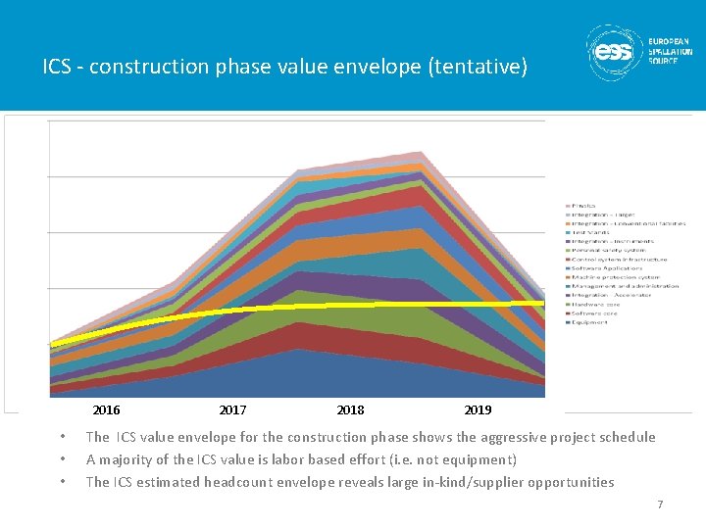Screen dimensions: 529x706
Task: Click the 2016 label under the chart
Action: pos(106,409)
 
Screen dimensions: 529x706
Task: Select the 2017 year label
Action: pos(232,409)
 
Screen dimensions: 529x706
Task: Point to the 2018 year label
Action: pos(350,409)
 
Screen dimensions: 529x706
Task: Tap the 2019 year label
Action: pos(478,409)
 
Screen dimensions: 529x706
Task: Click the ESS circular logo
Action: pos(614,52)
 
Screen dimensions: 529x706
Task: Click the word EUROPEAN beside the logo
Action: pos(670,42)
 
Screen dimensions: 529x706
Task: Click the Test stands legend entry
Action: pos(591,232)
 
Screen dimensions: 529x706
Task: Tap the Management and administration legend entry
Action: pos(625,286)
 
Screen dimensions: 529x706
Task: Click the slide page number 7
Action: pos(660,505)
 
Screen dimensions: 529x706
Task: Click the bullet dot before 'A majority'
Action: pos(62,459)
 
